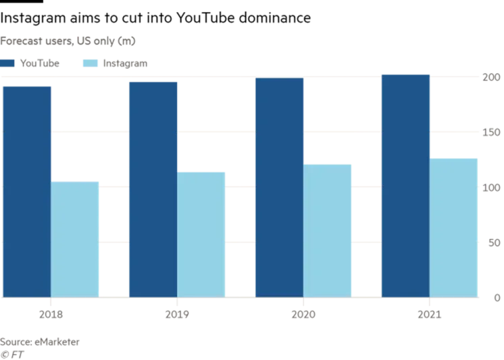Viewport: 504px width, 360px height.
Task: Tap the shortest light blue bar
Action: [76, 238]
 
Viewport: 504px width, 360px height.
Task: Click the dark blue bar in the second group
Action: [152, 188]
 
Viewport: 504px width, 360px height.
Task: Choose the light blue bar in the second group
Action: [202, 232]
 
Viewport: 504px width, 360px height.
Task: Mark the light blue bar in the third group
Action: [330, 230]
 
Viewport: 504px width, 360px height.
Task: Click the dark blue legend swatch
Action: [9, 64]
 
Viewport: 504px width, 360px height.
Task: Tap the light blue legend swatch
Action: [93, 64]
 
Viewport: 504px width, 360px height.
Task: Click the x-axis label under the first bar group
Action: [51, 314]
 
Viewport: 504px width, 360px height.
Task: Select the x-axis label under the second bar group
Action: [177, 314]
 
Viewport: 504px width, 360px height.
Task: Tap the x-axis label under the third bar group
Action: [304, 314]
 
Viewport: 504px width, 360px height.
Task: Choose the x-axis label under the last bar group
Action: [430, 314]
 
